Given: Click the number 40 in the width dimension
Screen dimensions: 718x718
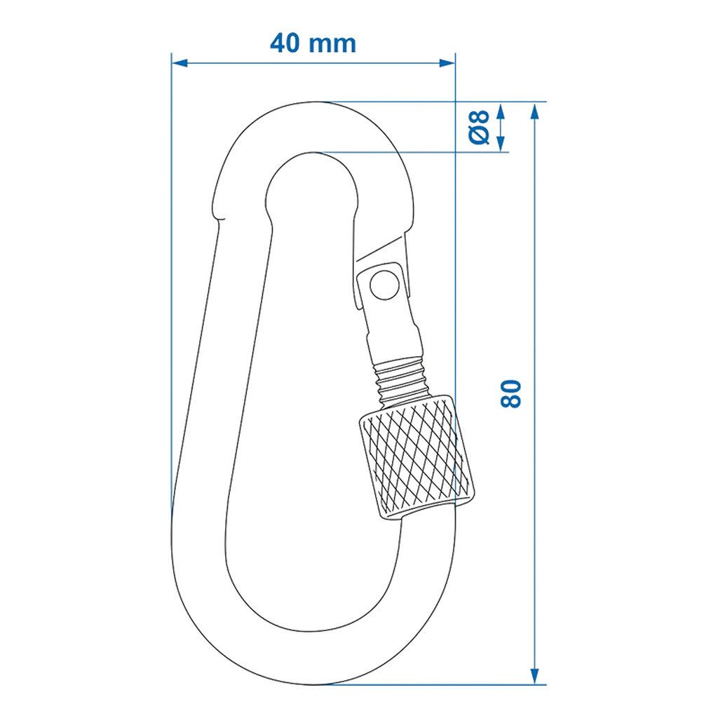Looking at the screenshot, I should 288,43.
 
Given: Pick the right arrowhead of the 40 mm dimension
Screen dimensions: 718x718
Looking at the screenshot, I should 447,62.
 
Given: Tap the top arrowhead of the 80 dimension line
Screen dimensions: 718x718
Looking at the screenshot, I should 536,111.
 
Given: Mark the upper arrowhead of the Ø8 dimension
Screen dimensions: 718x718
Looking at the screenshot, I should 501,111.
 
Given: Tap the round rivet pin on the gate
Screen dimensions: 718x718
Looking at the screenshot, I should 381,284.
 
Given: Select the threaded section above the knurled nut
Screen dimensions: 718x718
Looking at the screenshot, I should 400,383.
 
